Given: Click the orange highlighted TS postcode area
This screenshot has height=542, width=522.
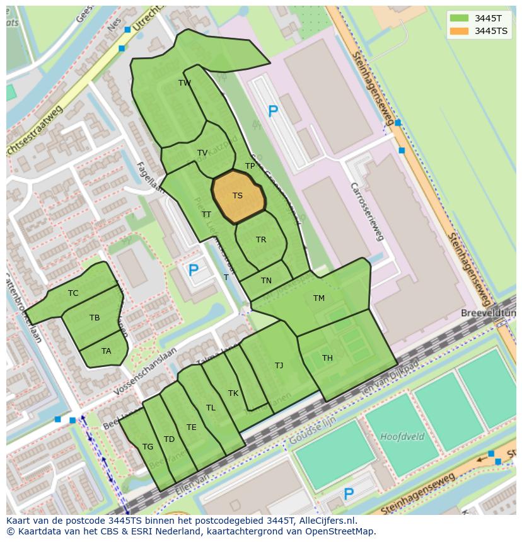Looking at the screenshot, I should (238, 196).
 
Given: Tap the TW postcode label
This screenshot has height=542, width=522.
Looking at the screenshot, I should (185, 83).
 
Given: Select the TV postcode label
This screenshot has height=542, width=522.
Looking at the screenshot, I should (202, 153).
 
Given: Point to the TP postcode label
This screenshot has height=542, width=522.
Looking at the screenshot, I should (250, 166).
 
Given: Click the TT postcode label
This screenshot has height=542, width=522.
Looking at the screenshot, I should (206, 215).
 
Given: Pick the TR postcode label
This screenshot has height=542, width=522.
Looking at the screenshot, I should (261, 240).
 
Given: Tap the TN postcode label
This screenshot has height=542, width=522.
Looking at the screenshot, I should (266, 281).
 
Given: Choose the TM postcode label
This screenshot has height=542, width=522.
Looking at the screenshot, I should (319, 298).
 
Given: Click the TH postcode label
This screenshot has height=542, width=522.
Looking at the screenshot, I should (327, 358).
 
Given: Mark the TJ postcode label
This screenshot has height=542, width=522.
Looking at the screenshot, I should (279, 366).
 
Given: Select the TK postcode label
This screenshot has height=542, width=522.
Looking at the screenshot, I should (233, 393).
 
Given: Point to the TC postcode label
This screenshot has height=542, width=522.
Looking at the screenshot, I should (73, 293).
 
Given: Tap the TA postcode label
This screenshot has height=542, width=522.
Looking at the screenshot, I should (106, 351).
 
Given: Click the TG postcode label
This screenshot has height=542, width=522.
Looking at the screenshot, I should (148, 447).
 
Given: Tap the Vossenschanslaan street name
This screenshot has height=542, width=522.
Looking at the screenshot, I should (146, 371).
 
